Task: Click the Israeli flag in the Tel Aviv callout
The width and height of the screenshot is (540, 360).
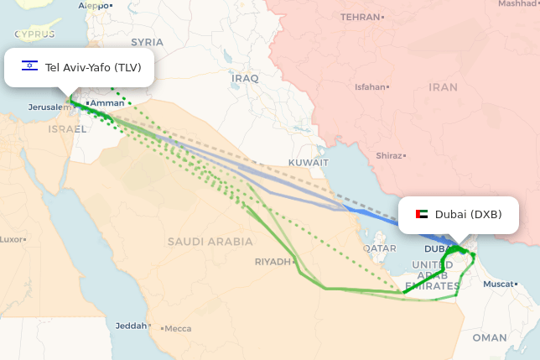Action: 29,66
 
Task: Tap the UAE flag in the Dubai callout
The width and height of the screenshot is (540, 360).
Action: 421,215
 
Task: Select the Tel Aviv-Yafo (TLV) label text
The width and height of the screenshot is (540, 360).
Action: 93,67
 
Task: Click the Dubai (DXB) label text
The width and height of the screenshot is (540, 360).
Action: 468,215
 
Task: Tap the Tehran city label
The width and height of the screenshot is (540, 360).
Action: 361,17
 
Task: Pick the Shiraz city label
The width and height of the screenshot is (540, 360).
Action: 388,155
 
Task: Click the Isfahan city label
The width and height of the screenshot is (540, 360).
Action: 371,86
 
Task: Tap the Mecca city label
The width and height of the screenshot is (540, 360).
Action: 178,328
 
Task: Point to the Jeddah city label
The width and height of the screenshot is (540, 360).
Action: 131,325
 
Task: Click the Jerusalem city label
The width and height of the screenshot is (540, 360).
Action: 45,107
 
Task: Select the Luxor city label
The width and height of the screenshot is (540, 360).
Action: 11,239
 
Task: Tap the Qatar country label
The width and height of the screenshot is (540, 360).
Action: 380,248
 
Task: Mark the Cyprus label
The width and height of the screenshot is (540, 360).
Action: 34,34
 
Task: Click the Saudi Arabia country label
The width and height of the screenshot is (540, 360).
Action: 210,242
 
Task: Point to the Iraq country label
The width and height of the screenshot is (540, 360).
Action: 247,78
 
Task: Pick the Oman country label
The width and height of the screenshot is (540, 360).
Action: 490,337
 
